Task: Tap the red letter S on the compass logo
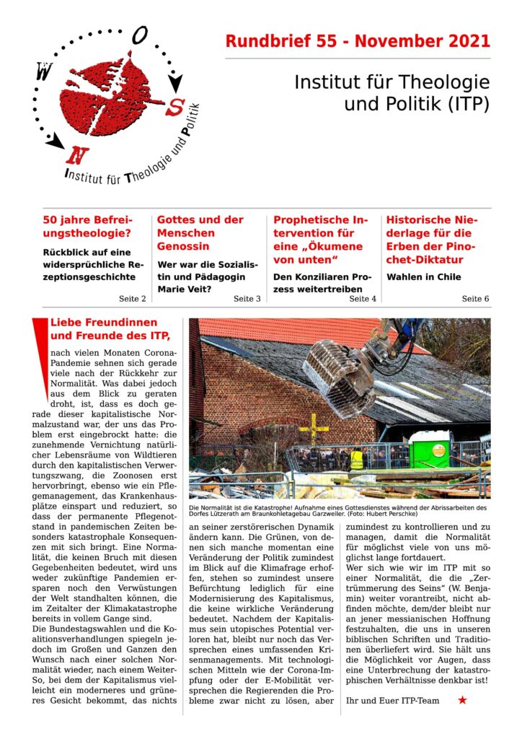coord(174,108)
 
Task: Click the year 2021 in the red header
coord(465,41)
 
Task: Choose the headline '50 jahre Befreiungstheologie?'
coord(87,227)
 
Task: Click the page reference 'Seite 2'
coord(132,298)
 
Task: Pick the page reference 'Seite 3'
coord(247,298)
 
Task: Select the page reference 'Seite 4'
coord(363,298)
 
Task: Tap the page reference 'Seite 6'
coord(475,298)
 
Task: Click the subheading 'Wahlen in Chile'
coord(424,276)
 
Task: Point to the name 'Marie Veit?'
coord(185,290)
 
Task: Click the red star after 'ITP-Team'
coord(462,699)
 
